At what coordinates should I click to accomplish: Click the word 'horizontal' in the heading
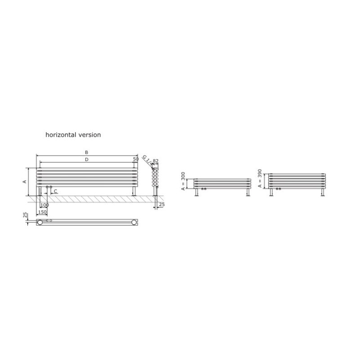(61, 135)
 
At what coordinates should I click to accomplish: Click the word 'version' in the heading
(90, 135)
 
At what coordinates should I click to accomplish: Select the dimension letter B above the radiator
(86, 153)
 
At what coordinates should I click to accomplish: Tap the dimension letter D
(86, 160)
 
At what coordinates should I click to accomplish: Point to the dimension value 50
(136, 159)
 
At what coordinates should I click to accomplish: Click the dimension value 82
(155, 161)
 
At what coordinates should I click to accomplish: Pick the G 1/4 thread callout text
(147, 160)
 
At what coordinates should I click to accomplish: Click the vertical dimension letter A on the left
(25, 182)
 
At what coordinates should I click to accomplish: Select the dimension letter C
(55, 191)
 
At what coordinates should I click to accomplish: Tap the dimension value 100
(45, 205)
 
